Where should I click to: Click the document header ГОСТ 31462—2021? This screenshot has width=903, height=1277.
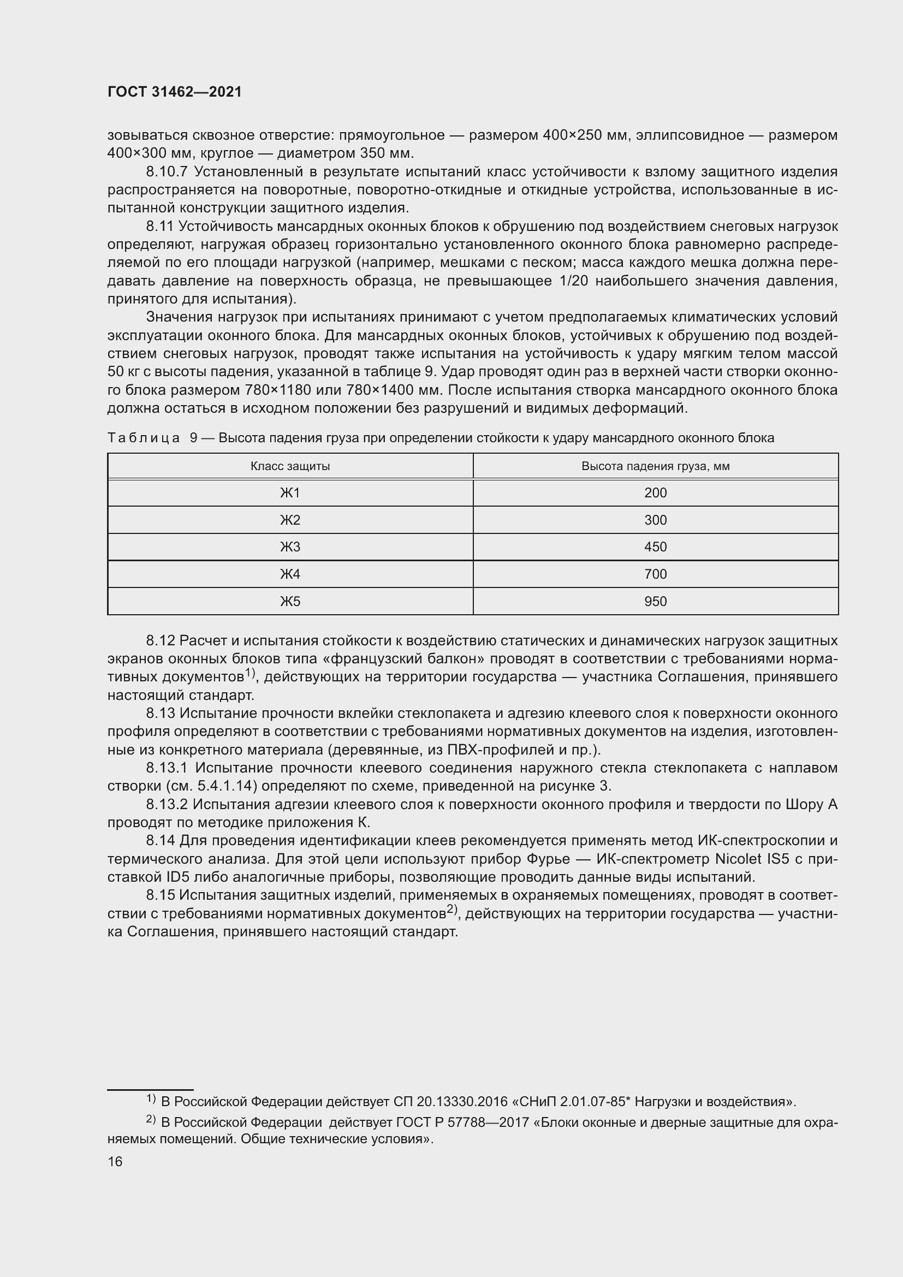175,92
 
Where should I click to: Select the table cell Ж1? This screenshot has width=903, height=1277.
290,493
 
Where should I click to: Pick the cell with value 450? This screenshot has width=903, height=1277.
655,547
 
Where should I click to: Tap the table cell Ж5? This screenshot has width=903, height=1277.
290,601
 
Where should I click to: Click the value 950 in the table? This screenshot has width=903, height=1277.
655,601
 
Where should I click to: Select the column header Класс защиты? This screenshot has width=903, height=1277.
290,466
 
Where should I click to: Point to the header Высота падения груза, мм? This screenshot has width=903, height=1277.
655,466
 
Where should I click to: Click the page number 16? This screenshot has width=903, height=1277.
115,1161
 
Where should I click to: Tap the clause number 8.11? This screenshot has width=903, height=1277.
160,227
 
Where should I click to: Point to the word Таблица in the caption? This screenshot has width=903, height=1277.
144,438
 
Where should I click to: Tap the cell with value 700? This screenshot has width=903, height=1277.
655,574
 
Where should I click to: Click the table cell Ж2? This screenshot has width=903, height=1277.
290,520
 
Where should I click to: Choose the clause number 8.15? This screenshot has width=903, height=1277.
160,895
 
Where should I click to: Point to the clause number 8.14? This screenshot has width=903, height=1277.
160,840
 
